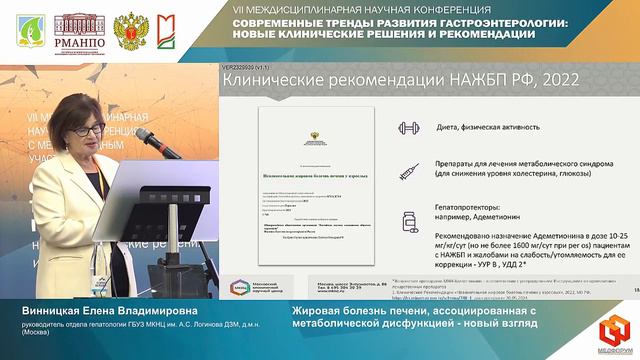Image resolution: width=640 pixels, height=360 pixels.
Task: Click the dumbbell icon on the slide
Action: coord(408,128)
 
